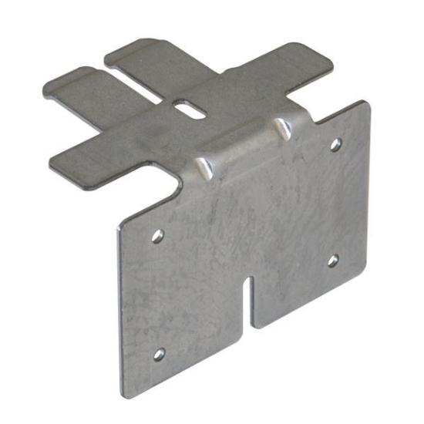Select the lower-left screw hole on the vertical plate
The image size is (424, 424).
[160, 355]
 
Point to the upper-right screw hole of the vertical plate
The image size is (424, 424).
[335, 144]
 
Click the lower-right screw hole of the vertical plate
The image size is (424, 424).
[332, 261]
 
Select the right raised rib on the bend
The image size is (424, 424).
[283, 126]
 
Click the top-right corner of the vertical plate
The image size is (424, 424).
[362, 103]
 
